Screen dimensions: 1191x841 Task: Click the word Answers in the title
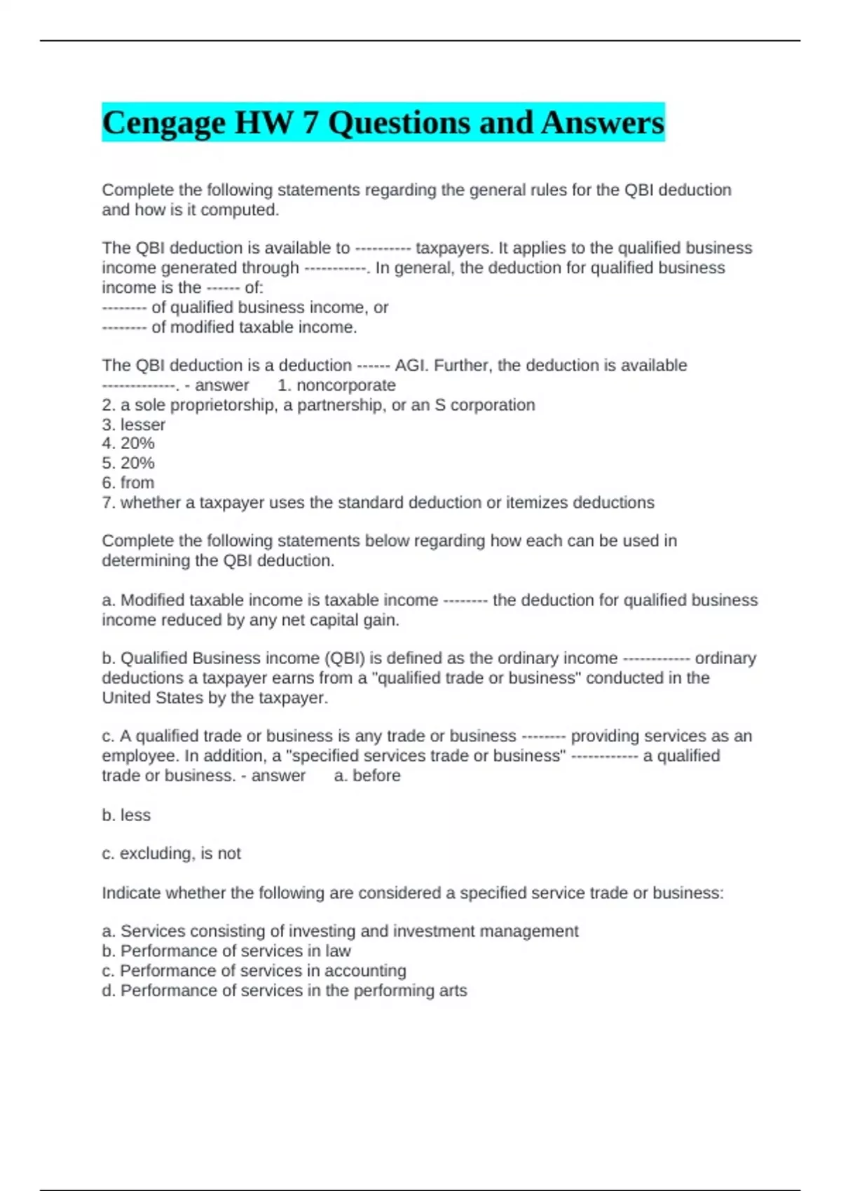[x=602, y=123]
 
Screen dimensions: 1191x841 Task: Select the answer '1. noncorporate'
[x=336, y=385]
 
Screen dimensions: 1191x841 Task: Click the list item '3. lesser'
[x=134, y=425]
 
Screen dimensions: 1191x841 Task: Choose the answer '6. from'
[x=128, y=483]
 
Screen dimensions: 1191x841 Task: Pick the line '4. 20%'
[x=128, y=443]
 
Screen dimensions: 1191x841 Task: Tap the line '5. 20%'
[x=128, y=463]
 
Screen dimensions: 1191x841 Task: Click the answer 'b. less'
[x=126, y=815]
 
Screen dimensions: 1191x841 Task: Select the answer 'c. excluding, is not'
[x=171, y=853]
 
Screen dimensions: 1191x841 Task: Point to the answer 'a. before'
[x=367, y=776]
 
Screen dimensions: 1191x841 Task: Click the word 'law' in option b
[x=338, y=951]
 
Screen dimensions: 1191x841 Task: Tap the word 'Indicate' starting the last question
[x=131, y=893]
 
